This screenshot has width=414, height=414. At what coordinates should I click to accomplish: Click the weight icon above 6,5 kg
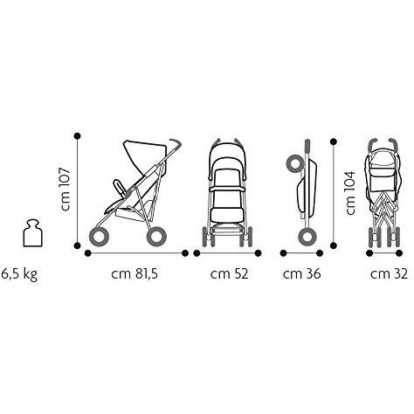pos(32,233)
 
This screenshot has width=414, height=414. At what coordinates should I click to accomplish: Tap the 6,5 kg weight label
pos(19,274)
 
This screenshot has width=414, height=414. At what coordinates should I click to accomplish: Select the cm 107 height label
pos(65,190)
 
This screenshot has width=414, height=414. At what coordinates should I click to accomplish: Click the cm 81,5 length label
pos(135,273)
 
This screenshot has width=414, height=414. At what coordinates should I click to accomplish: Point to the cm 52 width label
pos(229,273)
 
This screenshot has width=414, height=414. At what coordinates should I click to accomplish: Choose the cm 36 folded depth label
pos(301,273)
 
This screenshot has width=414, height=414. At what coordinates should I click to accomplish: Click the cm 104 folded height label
pos(350,193)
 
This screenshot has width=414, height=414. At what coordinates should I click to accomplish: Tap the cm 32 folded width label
pos(389,273)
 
